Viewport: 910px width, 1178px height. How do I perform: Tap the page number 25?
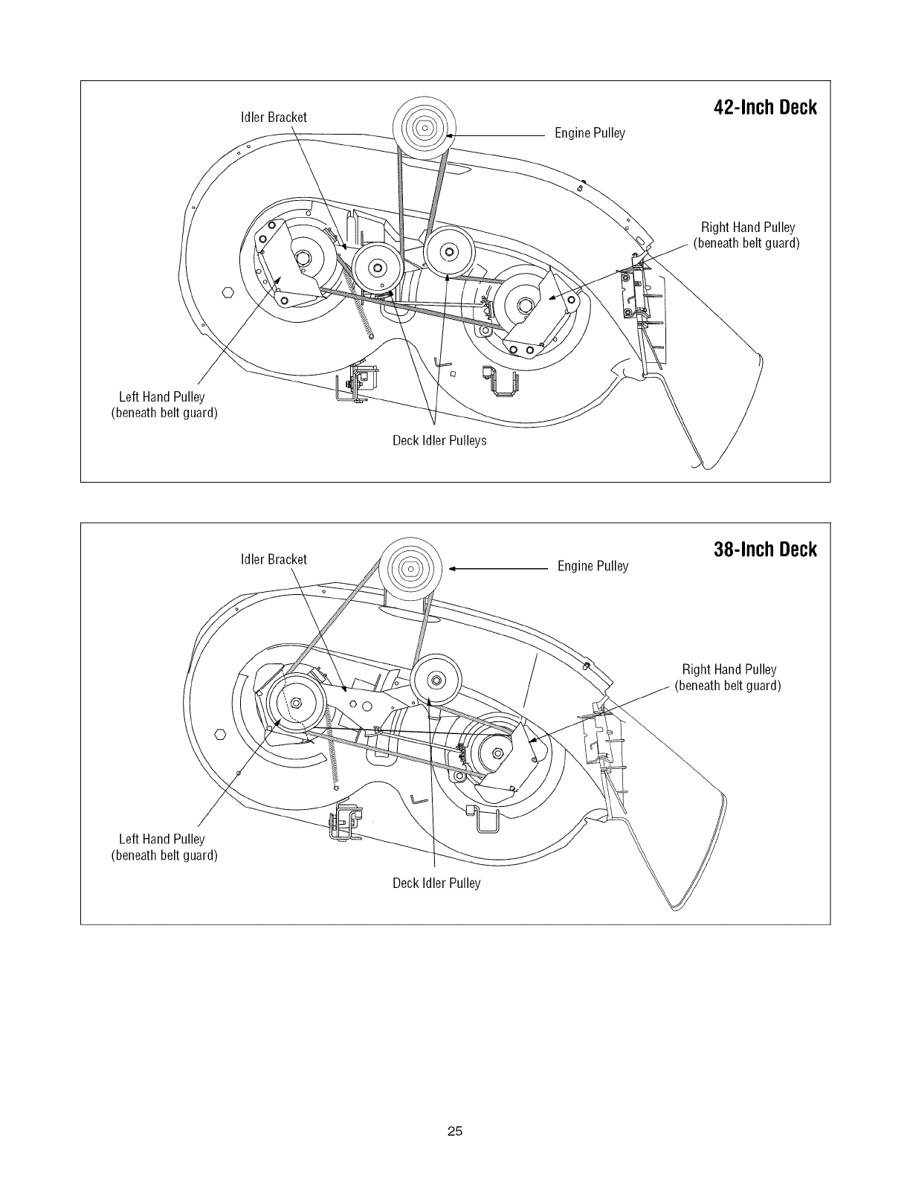455,1132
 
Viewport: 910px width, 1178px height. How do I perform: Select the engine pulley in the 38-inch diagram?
411,570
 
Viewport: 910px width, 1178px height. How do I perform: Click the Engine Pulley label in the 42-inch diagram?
590,133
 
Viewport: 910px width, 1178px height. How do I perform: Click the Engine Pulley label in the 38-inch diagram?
593,567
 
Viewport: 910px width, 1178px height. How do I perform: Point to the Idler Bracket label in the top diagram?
274,117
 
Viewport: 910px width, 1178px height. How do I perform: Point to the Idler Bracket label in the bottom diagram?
274,559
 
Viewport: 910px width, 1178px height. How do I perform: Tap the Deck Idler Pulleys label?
439,440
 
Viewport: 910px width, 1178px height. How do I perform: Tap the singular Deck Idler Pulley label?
436,883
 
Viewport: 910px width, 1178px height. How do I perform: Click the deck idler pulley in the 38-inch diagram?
436,678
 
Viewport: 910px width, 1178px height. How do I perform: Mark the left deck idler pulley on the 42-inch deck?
378,268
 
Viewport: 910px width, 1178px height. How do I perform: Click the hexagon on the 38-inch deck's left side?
221,735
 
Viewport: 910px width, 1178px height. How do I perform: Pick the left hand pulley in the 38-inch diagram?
297,703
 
